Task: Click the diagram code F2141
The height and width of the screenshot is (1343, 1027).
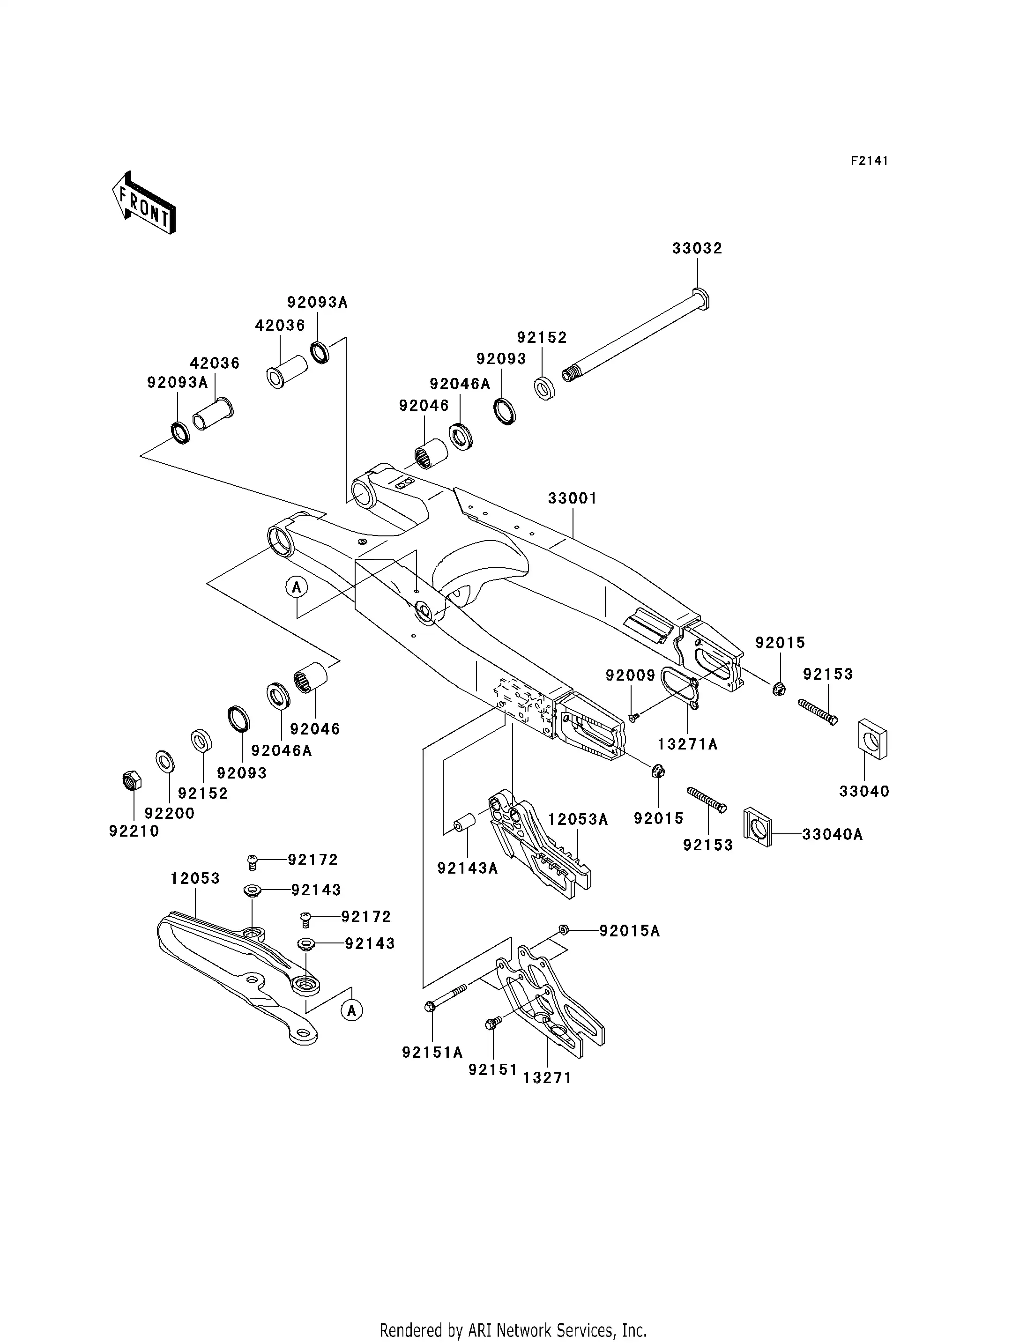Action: [869, 161]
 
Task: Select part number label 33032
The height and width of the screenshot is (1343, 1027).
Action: [697, 248]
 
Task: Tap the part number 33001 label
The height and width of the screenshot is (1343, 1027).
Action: [572, 498]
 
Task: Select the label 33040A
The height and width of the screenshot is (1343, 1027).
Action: [832, 834]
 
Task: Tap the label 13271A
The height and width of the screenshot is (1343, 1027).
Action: [687, 744]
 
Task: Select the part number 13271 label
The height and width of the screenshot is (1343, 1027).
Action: [547, 1078]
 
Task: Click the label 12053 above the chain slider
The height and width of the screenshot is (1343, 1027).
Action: [195, 878]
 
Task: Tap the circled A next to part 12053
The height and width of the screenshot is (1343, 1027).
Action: [351, 1010]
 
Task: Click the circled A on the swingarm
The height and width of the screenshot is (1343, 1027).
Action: [297, 587]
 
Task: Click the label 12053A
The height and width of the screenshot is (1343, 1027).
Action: [578, 820]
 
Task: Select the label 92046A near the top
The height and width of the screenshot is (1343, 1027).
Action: [460, 384]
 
